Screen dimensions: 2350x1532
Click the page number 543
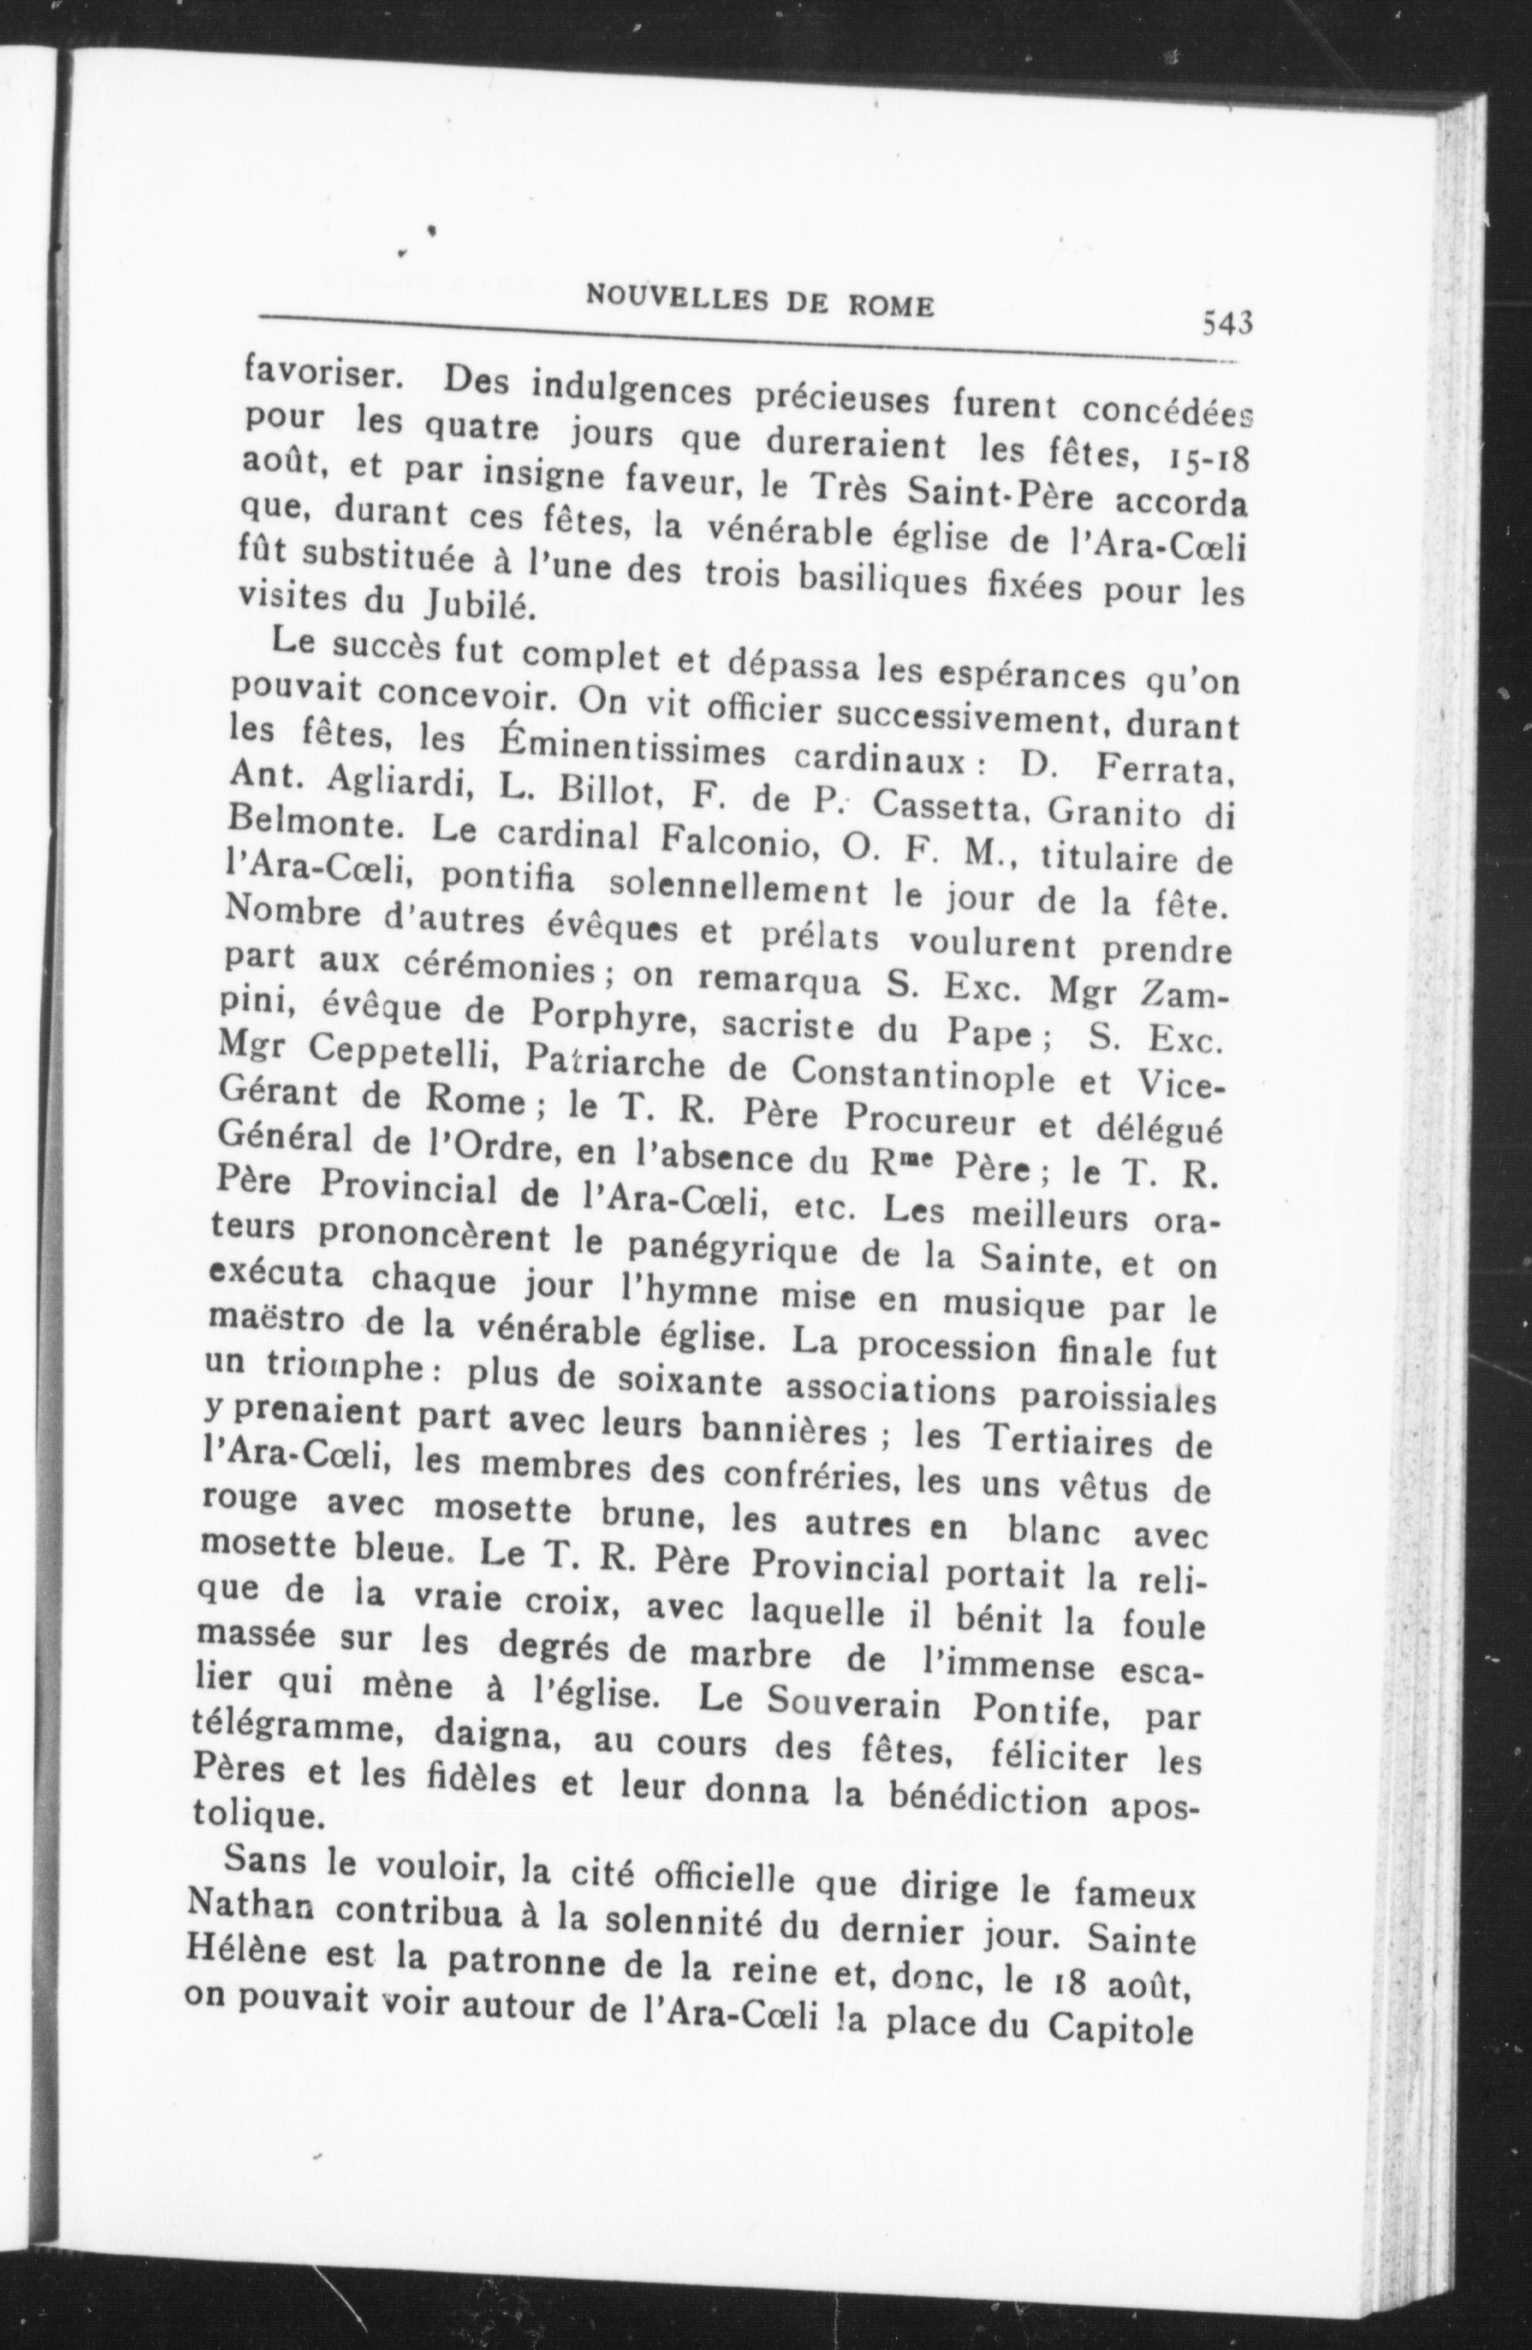(1227, 322)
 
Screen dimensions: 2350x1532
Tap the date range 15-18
(1195, 460)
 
